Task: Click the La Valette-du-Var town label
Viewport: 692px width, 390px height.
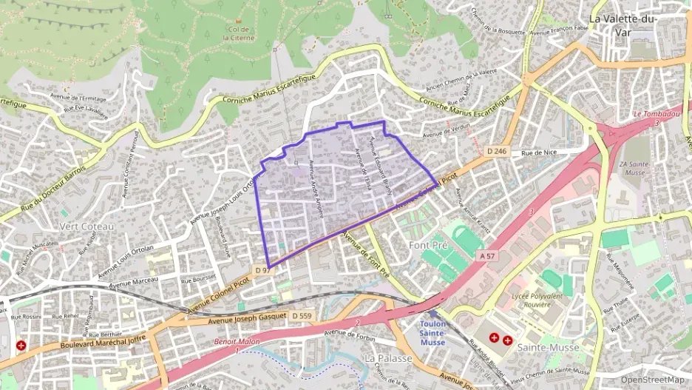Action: pos(627,24)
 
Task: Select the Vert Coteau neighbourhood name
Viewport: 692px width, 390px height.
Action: pos(87,225)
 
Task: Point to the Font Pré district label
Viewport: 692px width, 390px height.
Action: pos(429,243)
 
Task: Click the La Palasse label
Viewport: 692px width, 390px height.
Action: pos(388,357)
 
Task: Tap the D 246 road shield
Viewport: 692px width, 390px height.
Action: pos(497,151)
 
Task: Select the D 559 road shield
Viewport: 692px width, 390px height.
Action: pos(301,316)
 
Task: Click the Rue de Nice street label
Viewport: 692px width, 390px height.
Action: pos(538,153)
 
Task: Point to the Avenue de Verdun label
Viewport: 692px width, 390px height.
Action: pos(446,130)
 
